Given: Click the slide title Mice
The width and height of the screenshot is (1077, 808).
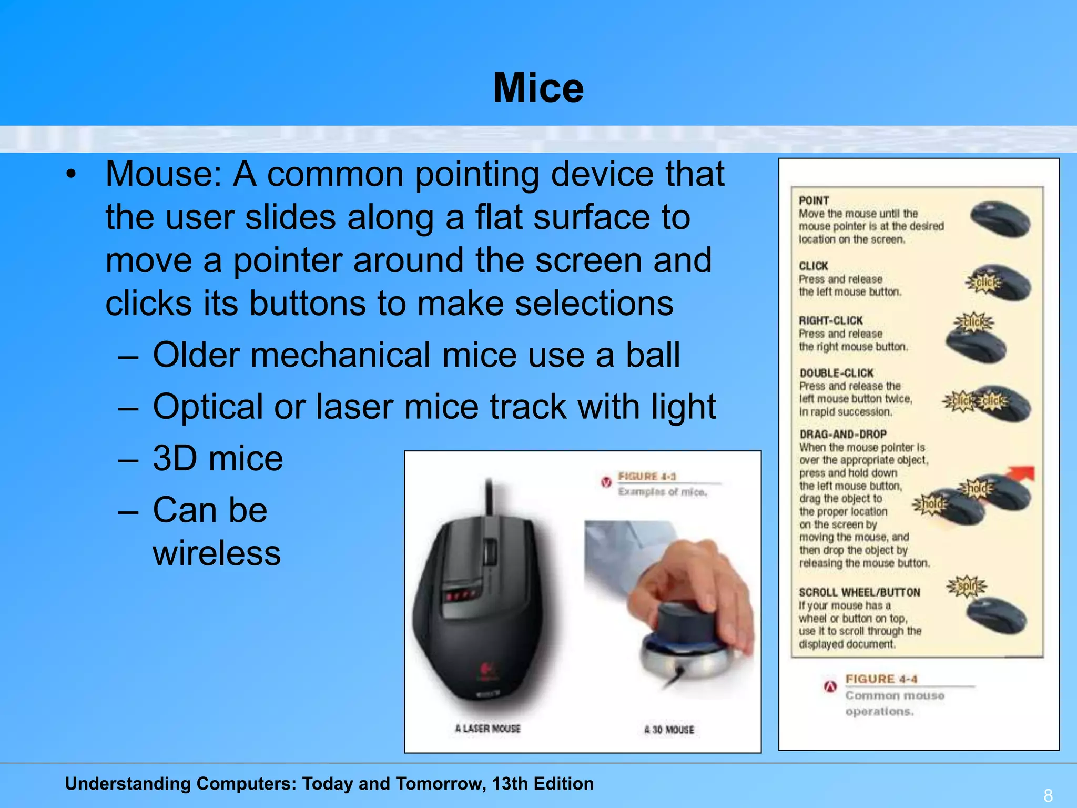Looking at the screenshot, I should [x=538, y=88].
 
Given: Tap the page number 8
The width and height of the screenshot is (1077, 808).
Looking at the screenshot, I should [x=1048, y=795].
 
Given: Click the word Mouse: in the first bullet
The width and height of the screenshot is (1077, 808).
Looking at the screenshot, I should [x=164, y=174].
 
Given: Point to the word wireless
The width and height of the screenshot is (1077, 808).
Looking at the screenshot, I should [x=217, y=553].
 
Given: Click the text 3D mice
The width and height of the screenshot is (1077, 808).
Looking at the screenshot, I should [x=218, y=458].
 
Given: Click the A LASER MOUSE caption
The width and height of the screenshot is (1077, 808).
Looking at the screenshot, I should [x=487, y=729].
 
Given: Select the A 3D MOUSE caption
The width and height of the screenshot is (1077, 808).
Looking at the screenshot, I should [x=669, y=730].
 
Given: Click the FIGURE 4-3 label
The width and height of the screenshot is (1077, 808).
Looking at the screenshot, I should [x=647, y=476].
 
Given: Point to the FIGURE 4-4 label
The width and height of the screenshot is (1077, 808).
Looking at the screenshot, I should [x=881, y=679].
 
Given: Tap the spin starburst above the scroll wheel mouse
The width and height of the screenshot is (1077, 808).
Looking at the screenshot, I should [x=967, y=586].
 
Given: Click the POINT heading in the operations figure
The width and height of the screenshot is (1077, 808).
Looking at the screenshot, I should [x=814, y=200].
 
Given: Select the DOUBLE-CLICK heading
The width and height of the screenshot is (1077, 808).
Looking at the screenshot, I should [x=836, y=373].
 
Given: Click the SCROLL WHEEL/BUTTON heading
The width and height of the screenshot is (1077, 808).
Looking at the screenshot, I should [x=859, y=592].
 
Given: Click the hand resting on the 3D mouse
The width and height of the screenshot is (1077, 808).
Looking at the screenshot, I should [x=694, y=589].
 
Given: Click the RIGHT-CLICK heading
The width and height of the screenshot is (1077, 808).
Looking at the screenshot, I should [x=830, y=320].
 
